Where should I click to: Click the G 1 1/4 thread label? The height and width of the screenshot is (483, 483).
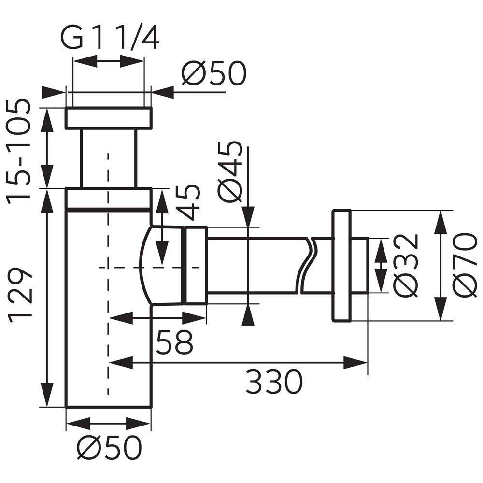pyautogui.click(x=110, y=38)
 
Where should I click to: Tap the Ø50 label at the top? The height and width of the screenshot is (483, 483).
pyautogui.click(x=214, y=73)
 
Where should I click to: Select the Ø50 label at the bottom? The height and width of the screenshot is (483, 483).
pyautogui.click(x=109, y=447)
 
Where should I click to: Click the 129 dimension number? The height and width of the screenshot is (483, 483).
pyautogui.click(x=20, y=295)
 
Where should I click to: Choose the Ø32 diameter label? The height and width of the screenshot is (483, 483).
pyautogui.click(x=407, y=266)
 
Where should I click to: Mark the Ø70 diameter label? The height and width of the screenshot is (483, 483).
pyautogui.click(x=465, y=266)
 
